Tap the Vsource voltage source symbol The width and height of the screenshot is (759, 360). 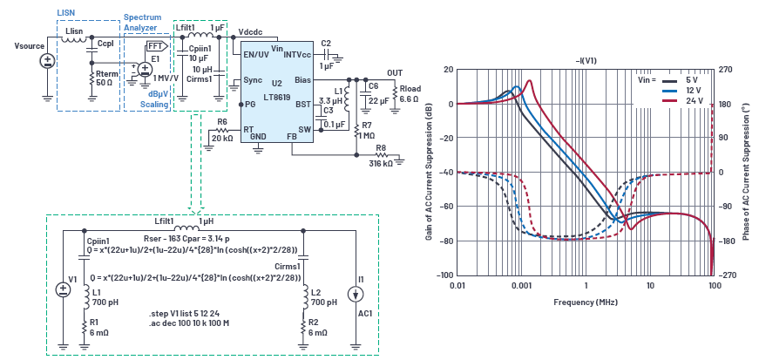(x=47, y=61)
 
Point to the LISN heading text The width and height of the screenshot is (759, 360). (x=66, y=12)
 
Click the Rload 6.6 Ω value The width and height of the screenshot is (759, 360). (x=409, y=99)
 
